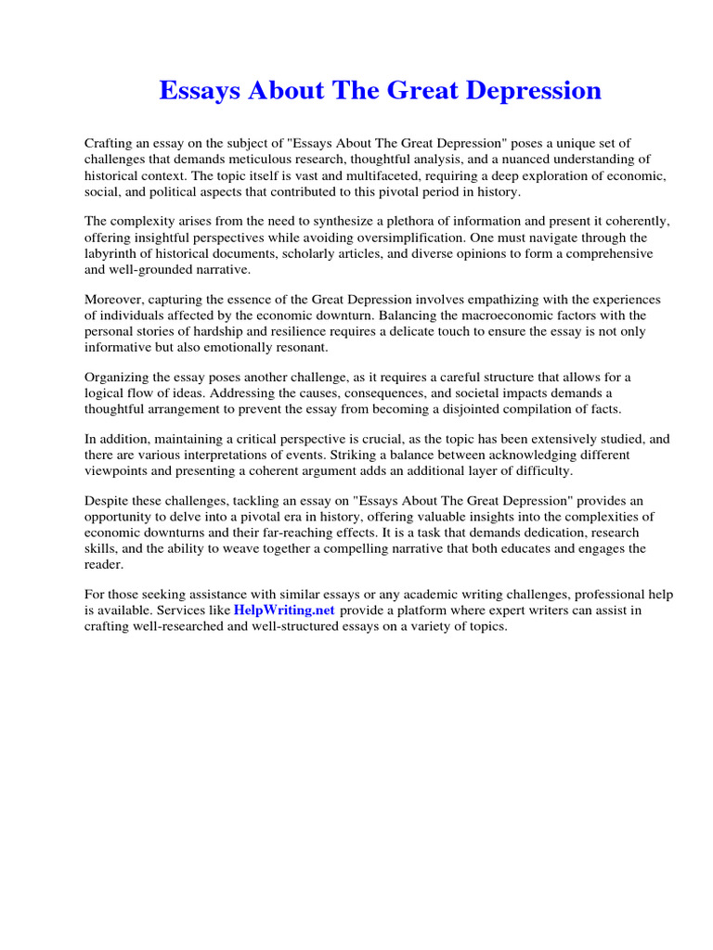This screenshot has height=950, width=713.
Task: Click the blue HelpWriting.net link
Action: tap(284, 610)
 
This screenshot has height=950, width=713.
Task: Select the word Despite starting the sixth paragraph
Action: tap(110, 500)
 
